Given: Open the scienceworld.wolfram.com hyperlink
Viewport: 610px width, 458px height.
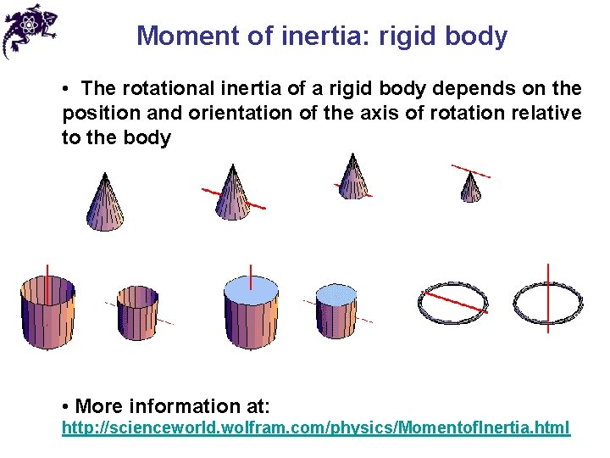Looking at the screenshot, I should click(316, 427).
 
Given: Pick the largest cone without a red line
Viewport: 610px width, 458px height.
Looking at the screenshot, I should click(105, 204).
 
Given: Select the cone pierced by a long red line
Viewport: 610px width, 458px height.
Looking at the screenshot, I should click(231, 193).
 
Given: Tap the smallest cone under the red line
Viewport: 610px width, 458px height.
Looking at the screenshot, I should click(471, 188).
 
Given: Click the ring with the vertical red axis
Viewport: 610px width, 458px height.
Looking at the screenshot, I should click(548, 301).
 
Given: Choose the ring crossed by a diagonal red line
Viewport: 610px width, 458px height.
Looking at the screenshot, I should click(453, 300).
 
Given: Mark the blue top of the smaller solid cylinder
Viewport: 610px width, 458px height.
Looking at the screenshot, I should click(336, 293).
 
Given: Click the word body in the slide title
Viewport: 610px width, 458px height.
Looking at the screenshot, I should click(478, 36).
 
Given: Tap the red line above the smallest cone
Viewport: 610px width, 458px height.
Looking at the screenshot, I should click(470, 170).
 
